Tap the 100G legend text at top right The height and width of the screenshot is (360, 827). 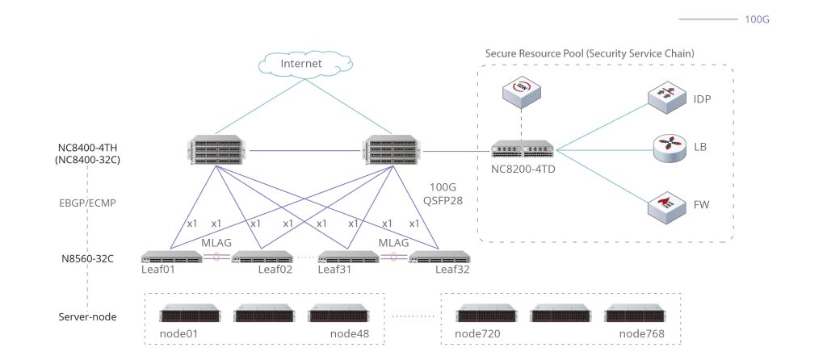(756, 18)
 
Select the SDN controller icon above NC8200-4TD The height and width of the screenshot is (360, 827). (521, 92)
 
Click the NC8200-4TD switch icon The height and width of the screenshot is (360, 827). (523, 149)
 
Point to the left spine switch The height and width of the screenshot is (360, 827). (216, 150)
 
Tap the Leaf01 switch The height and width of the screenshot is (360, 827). (170, 257)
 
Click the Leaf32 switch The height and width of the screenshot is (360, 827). (439, 257)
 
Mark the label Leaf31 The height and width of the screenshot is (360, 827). (337, 270)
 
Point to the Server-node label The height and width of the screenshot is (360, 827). (88, 316)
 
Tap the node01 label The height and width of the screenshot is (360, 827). (179, 333)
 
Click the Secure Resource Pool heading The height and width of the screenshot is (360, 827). (590, 53)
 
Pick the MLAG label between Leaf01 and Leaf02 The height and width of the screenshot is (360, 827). (215, 242)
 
